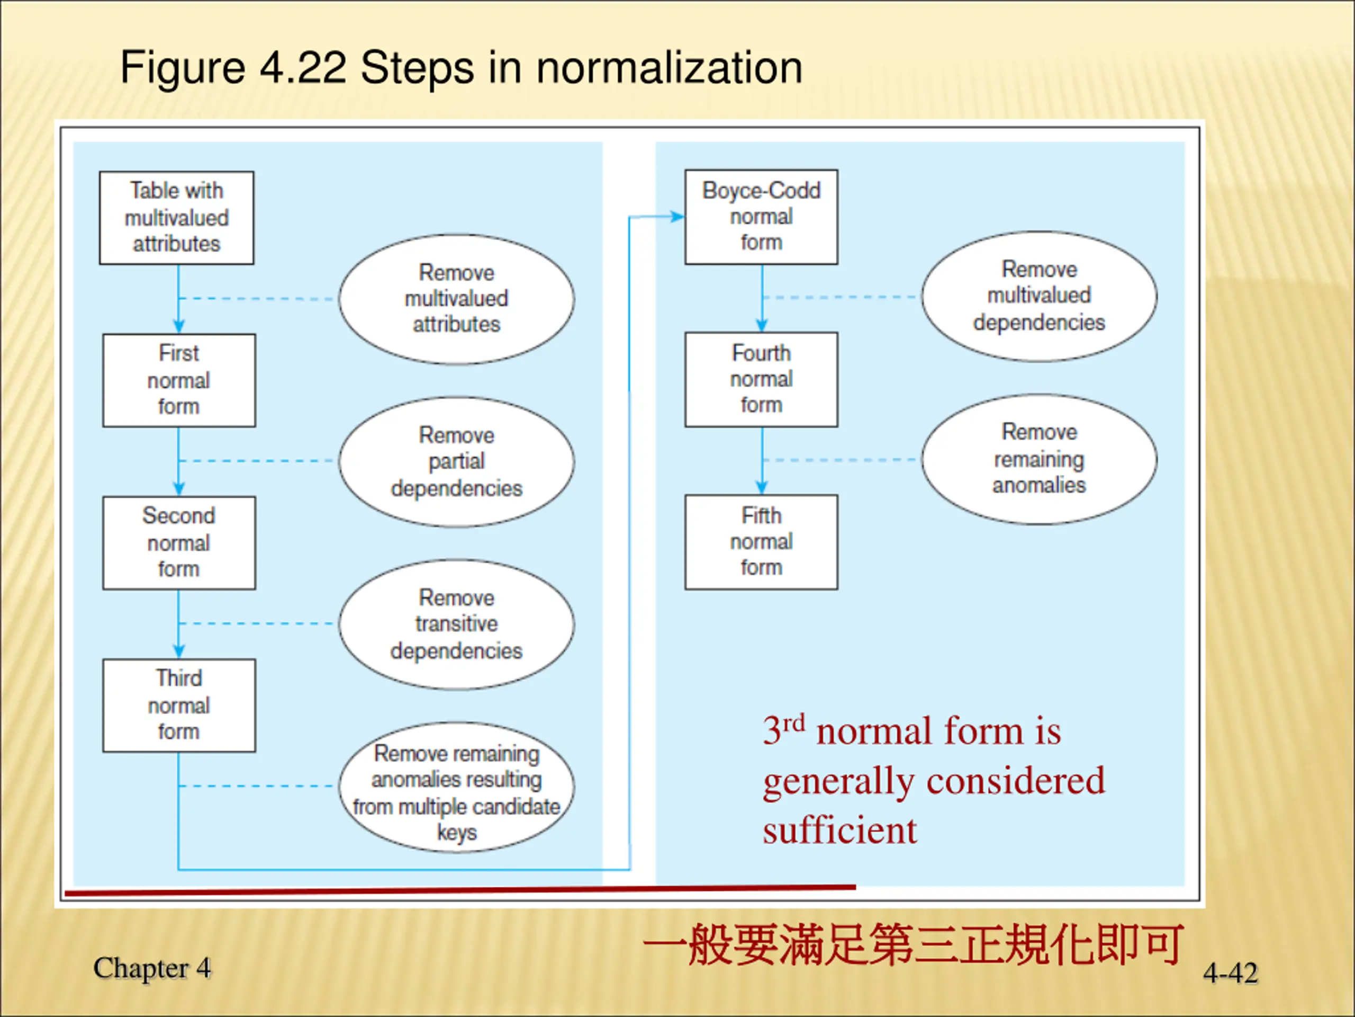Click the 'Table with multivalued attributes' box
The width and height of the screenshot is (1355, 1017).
(176, 218)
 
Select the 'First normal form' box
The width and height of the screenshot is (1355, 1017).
(179, 380)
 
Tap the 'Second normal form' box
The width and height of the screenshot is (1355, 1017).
(179, 542)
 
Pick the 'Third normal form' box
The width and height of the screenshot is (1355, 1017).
(179, 705)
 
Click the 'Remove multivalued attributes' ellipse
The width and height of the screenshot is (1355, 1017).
(456, 299)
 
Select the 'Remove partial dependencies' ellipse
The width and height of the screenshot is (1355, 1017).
(456, 461)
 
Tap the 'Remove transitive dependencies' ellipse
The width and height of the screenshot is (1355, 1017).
(456, 624)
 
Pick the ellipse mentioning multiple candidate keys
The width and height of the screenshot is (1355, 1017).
(456, 787)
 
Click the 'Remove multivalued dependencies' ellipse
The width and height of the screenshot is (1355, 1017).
(1039, 296)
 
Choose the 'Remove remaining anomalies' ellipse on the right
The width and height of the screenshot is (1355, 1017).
(1039, 459)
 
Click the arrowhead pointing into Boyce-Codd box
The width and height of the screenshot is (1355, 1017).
(677, 217)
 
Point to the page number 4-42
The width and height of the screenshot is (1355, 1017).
(1230, 973)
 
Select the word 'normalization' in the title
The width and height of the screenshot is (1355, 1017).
(669, 67)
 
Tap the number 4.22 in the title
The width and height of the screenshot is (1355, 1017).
(303, 67)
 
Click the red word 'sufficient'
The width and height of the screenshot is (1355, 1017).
(839, 831)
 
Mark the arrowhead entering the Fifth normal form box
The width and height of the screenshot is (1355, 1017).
(762, 488)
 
